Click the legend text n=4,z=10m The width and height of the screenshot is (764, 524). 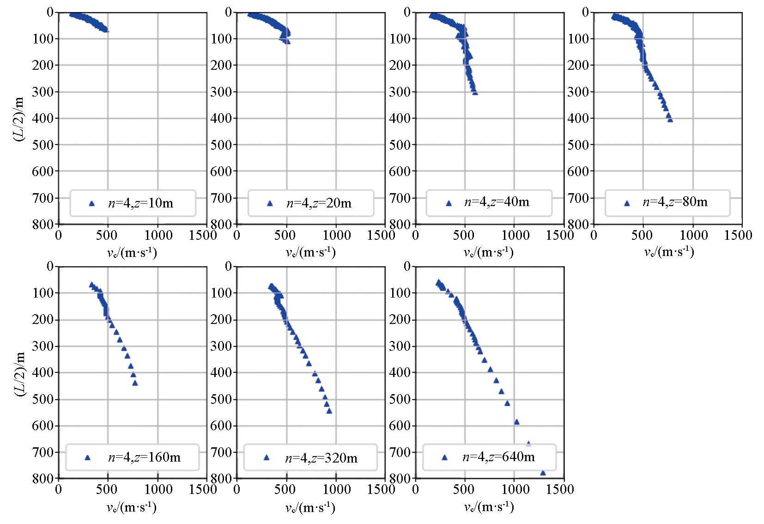pyautogui.click(x=141, y=203)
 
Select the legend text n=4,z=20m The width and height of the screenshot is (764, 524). pyautogui.click(x=319, y=203)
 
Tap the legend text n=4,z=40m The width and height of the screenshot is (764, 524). pyautogui.click(x=497, y=202)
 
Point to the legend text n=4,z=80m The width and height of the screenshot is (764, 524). pyautogui.click(x=675, y=202)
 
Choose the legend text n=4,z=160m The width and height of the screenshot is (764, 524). pyautogui.click(x=144, y=457)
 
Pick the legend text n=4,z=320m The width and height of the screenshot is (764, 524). pyautogui.click(x=321, y=458)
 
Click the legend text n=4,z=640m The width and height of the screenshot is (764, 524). pyautogui.click(x=499, y=457)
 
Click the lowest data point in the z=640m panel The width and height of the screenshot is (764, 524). pyautogui.click(x=543, y=473)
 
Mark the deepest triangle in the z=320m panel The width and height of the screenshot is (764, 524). pyautogui.click(x=329, y=411)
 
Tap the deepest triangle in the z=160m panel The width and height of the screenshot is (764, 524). pyautogui.click(x=135, y=383)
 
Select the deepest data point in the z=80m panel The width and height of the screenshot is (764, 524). pyautogui.click(x=670, y=120)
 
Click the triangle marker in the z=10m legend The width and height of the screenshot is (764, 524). pyautogui.click(x=91, y=203)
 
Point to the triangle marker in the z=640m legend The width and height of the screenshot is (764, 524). pyautogui.click(x=444, y=457)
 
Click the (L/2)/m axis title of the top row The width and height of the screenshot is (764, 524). pyautogui.click(x=19, y=119)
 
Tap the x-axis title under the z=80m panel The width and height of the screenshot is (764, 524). pyautogui.click(x=669, y=252)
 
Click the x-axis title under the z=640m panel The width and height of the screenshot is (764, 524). pyautogui.click(x=489, y=507)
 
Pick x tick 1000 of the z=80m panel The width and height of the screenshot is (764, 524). pyautogui.click(x=693, y=236)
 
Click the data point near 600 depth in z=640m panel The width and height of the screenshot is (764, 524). pyautogui.click(x=516, y=422)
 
